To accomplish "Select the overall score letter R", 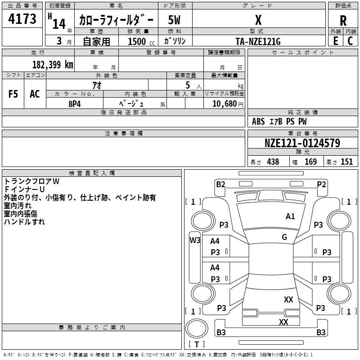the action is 343,21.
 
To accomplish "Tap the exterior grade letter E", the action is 335,41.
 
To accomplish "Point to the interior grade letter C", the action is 350,41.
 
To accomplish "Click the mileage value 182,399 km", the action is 53,64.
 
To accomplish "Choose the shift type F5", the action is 13,94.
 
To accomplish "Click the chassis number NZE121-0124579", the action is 302,143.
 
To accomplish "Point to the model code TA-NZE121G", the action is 258,41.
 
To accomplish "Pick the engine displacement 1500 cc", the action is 137,41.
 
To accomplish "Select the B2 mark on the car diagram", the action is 220,184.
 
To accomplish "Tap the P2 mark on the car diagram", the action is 321,184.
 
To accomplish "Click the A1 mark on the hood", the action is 291,216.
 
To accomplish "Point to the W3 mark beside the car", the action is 194,240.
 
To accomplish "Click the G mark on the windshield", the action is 284,237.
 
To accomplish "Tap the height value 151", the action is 346,162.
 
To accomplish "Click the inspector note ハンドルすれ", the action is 24,222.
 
